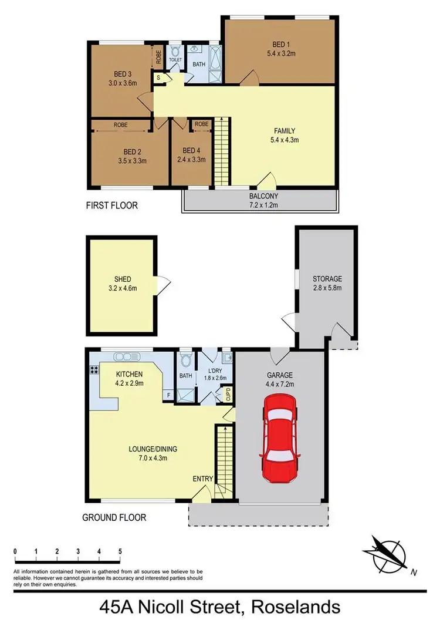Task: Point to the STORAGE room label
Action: click(x=327, y=278)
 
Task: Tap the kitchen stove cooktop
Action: click(x=93, y=370)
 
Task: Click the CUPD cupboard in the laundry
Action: click(x=228, y=395)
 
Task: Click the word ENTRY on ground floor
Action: click(x=202, y=479)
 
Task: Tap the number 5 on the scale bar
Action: click(x=120, y=552)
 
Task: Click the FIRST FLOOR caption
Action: click(x=112, y=206)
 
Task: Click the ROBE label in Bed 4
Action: click(x=201, y=124)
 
